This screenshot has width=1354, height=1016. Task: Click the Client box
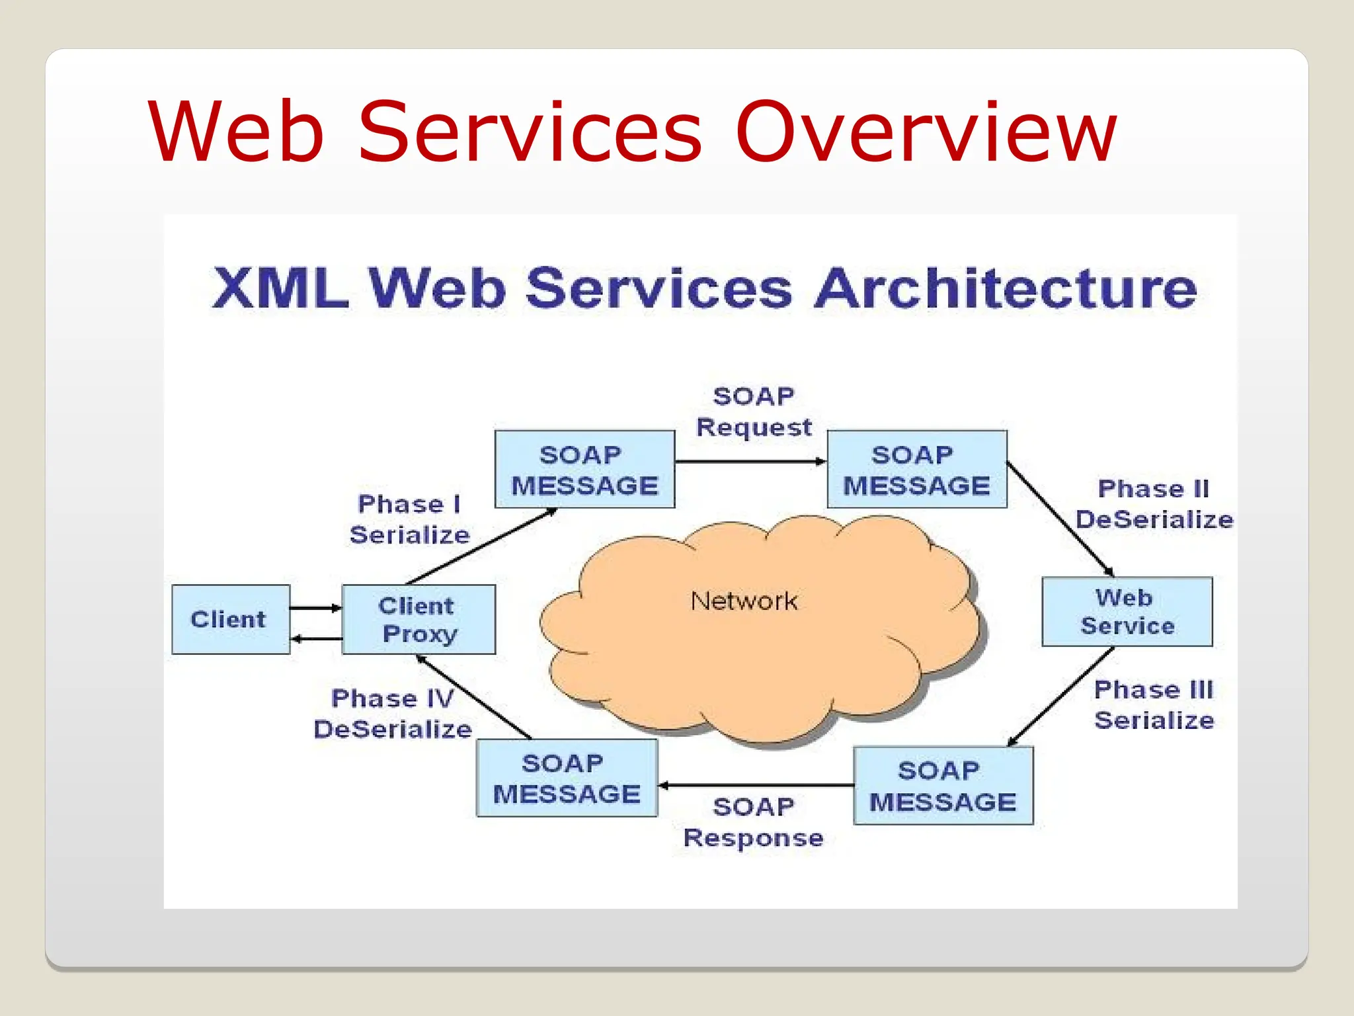230,619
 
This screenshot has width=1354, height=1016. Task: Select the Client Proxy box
418,619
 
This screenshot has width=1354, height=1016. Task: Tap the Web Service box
1127,611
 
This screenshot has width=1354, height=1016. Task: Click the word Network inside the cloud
744,601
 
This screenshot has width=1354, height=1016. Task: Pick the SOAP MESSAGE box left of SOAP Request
584,470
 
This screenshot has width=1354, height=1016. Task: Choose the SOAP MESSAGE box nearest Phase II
916,470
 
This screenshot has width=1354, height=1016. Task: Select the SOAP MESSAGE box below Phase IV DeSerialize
567,778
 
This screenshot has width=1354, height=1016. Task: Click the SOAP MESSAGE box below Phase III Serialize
943,786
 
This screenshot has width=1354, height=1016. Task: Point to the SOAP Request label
754,411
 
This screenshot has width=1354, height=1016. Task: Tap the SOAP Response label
754,822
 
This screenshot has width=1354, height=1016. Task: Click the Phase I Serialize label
409,519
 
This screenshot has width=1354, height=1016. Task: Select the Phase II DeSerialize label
1154,504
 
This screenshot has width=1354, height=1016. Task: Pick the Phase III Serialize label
1154,704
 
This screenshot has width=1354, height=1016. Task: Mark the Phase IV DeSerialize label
393,714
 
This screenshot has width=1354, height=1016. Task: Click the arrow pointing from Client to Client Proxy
315,607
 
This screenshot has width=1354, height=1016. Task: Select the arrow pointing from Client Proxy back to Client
317,638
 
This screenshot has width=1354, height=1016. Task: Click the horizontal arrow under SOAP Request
750,461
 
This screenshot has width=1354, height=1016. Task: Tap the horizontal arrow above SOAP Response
756,785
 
